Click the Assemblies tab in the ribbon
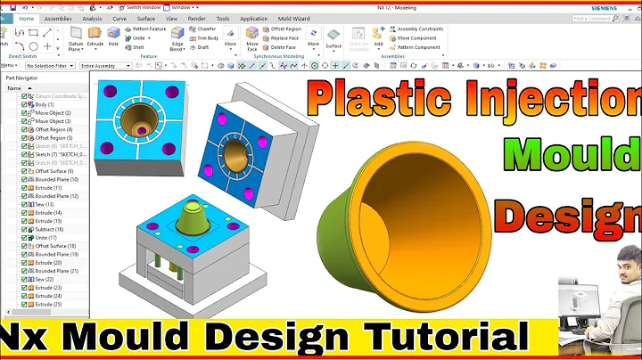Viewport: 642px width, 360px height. (x=58, y=18)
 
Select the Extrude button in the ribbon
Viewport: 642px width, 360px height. (x=95, y=37)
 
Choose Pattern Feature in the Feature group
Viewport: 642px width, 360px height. (x=148, y=29)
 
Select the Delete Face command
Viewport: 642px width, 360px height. (x=284, y=47)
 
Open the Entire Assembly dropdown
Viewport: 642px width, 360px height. (x=106, y=65)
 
